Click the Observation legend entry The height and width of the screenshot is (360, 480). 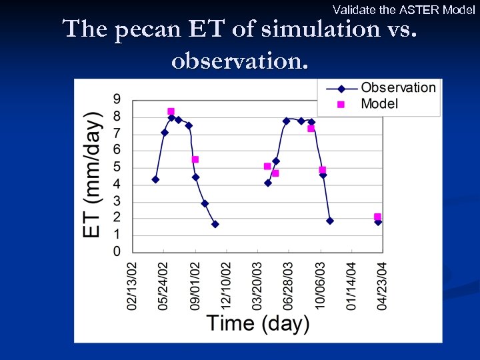point(397,87)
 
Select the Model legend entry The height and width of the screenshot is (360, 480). point(379,103)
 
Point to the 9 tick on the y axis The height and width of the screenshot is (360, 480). point(117,99)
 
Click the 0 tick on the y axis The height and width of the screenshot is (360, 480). point(117,251)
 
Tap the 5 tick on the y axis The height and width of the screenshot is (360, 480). point(117,167)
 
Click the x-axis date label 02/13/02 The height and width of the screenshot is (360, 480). point(133,285)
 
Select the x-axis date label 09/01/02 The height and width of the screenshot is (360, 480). point(195,285)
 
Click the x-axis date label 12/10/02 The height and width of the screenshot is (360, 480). point(227,285)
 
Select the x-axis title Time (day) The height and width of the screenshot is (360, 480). point(258,323)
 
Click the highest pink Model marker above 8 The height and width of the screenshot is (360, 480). point(171,111)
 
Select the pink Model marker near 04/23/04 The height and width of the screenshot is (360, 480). point(377,217)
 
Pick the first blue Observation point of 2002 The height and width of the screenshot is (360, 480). point(155,179)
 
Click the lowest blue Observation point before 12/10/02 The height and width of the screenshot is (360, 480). point(215,224)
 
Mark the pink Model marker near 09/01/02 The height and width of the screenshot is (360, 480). point(195,159)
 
